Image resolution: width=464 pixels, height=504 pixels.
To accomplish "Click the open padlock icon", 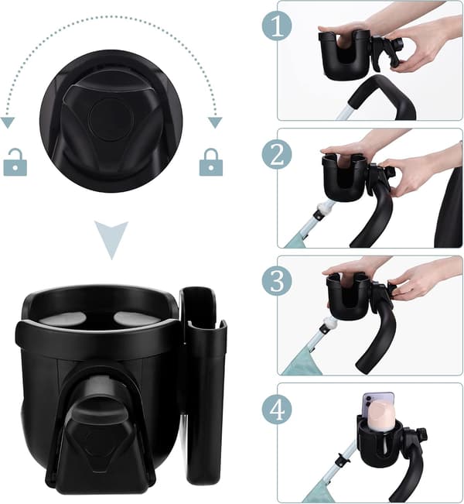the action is (x=15, y=163).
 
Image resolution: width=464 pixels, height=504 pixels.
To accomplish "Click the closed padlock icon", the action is (x=211, y=163).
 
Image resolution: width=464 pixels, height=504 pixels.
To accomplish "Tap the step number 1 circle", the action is (x=277, y=26).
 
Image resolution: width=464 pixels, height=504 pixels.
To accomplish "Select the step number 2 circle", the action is (x=277, y=154).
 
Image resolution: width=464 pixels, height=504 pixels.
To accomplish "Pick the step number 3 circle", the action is (x=277, y=280).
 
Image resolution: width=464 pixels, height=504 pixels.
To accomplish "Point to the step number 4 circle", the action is (x=277, y=409).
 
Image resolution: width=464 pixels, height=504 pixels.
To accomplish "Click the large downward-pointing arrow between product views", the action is (x=111, y=236).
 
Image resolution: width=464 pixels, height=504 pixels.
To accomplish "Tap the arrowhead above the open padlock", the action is (x=8, y=122).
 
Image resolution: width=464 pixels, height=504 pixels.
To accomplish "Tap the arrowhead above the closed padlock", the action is (x=215, y=122).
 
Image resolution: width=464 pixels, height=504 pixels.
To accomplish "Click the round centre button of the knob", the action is (x=111, y=119).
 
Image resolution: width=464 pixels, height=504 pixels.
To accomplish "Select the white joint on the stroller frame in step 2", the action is (x=324, y=208).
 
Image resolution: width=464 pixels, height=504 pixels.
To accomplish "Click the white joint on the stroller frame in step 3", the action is (x=328, y=322).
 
